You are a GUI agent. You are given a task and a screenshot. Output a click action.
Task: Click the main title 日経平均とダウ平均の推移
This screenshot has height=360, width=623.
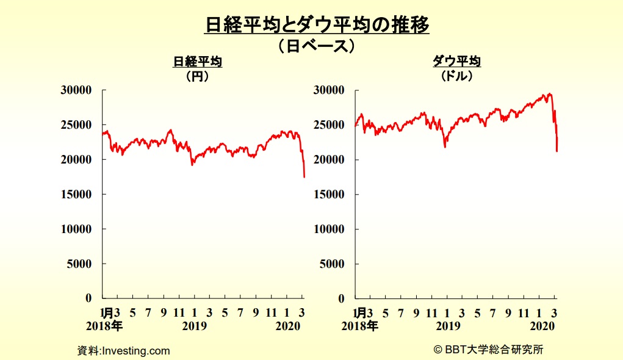pyautogui.click(x=317, y=24)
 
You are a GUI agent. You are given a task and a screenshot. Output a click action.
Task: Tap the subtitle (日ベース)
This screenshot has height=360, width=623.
pyautogui.click(x=316, y=46)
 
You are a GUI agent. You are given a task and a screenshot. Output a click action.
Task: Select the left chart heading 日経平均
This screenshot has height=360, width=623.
pyautogui.click(x=198, y=62)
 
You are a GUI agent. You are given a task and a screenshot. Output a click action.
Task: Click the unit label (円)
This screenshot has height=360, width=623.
pyautogui.click(x=198, y=76)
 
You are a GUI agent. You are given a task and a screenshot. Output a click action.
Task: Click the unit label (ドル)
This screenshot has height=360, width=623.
pyautogui.click(x=457, y=76)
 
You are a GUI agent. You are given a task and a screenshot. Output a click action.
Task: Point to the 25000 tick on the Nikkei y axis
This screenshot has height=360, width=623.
pyautogui.click(x=76, y=124)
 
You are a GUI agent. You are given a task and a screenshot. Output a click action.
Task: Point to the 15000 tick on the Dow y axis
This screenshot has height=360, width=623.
pyautogui.click(x=329, y=194)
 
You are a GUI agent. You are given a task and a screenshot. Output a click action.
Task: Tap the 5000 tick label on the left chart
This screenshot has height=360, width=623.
pyautogui.click(x=79, y=264)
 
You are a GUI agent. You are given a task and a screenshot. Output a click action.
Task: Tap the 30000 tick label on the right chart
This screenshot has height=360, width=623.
pyautogui.click(x=329, y=90)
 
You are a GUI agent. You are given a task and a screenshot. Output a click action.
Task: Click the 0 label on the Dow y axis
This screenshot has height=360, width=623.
pyautogui.click(x=341, y=298)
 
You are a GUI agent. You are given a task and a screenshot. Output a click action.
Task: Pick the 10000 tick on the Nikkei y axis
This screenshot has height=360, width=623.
pyautogui.click(x=76, y=229)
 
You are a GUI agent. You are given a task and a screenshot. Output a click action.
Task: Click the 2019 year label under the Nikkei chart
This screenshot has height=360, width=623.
pyautogui.click(x=195, y=326)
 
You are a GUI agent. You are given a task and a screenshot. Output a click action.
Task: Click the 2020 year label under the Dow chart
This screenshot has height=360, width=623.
pyautogui.click(x=542, y=326)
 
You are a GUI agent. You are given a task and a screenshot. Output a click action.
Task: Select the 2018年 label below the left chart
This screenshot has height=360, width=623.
pyautogui.click(x=104, y=326)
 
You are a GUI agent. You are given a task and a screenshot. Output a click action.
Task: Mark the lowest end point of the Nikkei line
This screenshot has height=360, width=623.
pyautogui.click(x=304, y=177)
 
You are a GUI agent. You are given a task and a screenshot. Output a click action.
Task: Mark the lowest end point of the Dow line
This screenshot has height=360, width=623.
pyautogui.click(x=557, y=151)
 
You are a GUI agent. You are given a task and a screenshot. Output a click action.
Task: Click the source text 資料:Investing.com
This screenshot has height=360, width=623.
pyautogui.click(x=124, y=351)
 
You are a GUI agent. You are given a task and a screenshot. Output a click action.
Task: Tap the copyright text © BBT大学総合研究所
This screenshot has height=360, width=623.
pyautogui.click(x=488, y=350)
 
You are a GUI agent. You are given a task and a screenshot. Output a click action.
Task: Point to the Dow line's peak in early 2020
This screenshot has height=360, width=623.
pyautogui.click(x=550, y=94)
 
